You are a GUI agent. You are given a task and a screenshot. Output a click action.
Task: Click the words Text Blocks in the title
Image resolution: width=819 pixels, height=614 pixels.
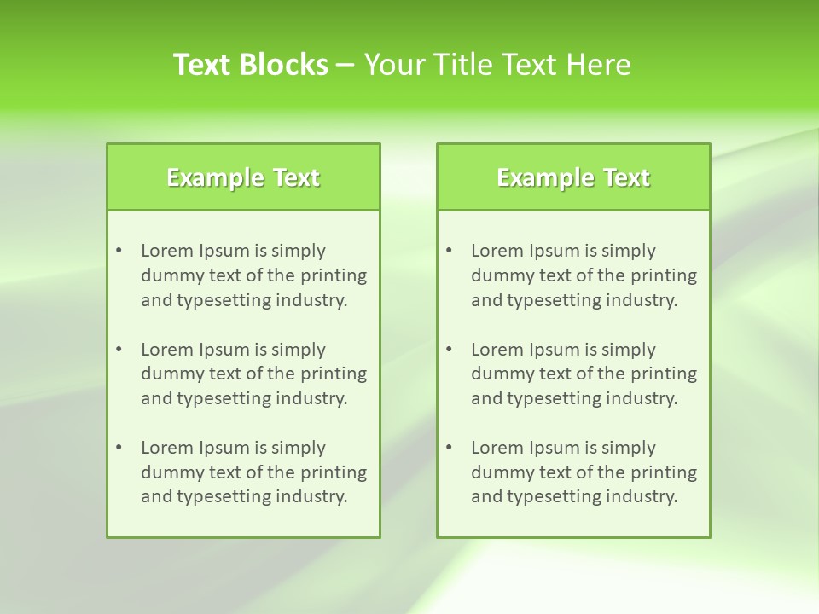(x=251, y=65)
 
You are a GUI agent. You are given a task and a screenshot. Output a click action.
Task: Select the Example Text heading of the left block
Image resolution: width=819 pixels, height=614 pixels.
(x=243, y=177)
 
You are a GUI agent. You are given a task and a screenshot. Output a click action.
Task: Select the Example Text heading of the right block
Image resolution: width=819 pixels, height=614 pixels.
(x=573, y=177)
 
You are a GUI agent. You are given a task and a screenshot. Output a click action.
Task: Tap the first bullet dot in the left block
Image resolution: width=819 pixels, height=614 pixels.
(x=119, y=251)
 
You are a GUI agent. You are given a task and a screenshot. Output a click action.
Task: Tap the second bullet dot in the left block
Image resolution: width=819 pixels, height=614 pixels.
(x=119, y=350)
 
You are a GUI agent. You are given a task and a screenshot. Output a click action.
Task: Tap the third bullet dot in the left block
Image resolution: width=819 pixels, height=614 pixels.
(x=119, y=448)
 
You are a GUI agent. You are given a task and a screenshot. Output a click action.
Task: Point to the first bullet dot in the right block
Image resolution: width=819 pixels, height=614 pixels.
(x=449, y=251)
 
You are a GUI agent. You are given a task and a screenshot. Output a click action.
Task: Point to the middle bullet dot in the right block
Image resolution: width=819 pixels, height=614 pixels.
(x=449, y=350)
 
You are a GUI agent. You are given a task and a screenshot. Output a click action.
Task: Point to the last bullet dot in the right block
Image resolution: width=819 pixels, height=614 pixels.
(x=449, y=448)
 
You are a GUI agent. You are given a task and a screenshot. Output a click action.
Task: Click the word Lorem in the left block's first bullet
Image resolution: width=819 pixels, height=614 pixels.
(x=167, y=251)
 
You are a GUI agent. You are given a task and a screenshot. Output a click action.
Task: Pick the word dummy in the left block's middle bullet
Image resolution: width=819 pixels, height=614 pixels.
(x=168, y=374)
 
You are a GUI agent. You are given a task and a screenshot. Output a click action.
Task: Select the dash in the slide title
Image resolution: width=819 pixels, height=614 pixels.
(x=346, y=65)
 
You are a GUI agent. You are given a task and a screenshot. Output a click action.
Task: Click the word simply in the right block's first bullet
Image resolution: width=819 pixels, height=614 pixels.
(x=628, y=251)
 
